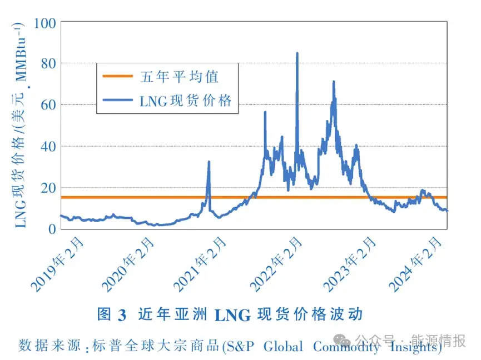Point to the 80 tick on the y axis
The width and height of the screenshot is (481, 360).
pos(48,64)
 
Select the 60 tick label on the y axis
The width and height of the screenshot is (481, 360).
pos(48,105)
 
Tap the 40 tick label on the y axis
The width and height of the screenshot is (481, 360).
pos(48,147)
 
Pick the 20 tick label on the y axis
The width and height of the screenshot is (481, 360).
pos(48,188)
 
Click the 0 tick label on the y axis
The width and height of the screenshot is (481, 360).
pos(52,229)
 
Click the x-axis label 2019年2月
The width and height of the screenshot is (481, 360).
pos(58,264)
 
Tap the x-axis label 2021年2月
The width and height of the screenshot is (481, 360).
pos(201,264)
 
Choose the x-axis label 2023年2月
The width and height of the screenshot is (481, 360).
pos(350,264)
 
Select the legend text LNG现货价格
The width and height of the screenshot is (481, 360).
pos(186,101)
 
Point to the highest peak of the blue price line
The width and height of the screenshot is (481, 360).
pos(297,53)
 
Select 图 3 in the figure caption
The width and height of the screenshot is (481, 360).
pos(112,314)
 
